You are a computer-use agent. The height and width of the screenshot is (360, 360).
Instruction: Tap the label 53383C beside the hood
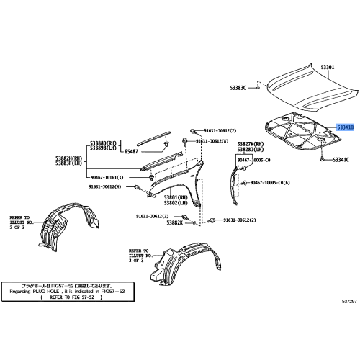click(x=238, y=88)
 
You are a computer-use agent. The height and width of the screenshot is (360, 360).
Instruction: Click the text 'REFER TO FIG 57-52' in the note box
click(x=72, y=296)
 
